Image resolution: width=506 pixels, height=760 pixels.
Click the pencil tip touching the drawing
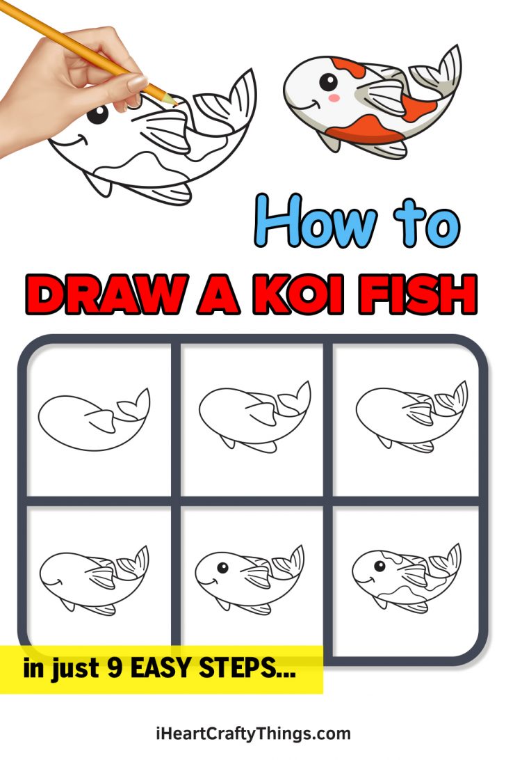click(x=174, y=102)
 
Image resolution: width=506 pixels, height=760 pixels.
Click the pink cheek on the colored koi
click(x=334, y=98)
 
